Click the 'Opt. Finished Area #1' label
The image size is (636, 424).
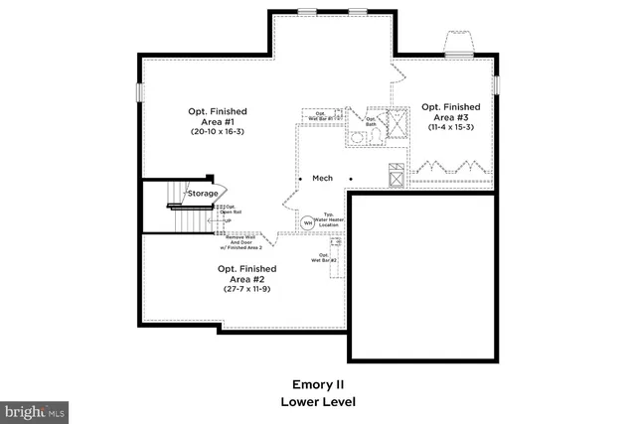coord(218,116)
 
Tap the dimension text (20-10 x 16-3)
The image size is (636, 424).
coord(218,131)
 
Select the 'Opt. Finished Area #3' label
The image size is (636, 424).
coord(450,111)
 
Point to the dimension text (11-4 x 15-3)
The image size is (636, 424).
coord(450,126)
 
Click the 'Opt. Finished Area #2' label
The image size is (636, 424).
coord(247,274)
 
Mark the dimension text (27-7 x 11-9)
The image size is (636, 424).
coord(247,289)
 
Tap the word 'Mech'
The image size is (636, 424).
coord(322,179)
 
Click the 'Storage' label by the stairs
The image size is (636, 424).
coord(204,193)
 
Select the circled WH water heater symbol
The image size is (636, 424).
coord(308,223)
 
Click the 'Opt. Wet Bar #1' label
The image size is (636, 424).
coord(321,115)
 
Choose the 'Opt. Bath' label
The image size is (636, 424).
coord(372,122)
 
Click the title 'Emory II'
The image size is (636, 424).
coord(318,383)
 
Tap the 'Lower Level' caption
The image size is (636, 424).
coord(318,402)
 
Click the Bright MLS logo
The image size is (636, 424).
coord(34,409)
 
